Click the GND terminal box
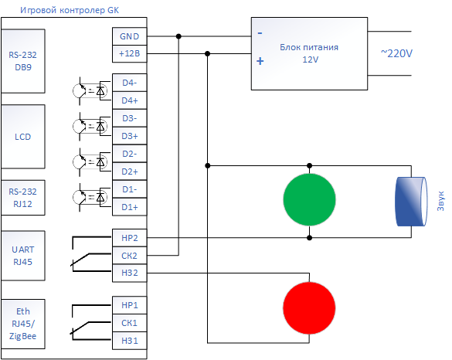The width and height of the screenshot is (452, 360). [x=130, y=36]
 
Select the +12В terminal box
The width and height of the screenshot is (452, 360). [x=130, y=53]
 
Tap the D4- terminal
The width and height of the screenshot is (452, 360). [x=130, y=83]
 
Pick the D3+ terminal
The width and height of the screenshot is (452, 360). [x=130, y=136]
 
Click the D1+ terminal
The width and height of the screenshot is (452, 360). [x=130, y=207]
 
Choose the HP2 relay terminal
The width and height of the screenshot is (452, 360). [x=130, y=238]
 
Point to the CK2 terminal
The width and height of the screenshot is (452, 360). [x=130, y=256]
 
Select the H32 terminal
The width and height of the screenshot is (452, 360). [x=130, y=273]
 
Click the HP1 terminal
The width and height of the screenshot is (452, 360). [x=130, y=305]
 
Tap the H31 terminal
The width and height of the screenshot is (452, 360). [x=130, y=341]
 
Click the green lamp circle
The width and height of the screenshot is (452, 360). [x=309, y=199]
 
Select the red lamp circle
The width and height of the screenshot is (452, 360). [x=309, y=307]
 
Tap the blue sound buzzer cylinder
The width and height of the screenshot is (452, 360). [x=411, y=202]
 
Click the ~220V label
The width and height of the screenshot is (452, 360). [x=396, y=53]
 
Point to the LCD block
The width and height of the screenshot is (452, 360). [x=23, y=137]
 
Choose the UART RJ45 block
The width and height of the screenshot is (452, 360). [x=23, y=256]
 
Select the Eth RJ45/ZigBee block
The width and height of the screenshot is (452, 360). [x=23, y=324]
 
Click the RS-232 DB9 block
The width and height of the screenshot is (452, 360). [x=23, y=61]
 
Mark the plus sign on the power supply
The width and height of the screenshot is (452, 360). [x=260, y=61]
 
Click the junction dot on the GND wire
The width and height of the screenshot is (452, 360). [x=178, y=36]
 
